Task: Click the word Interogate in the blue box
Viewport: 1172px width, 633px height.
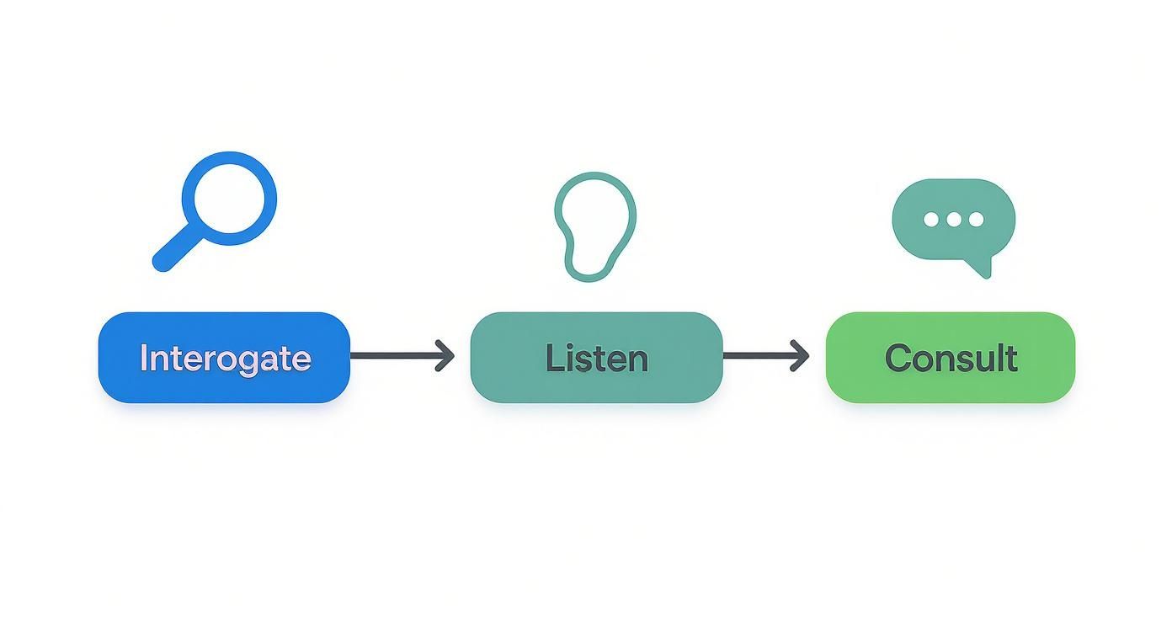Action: click(225, 359)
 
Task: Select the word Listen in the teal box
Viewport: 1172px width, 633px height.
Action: click(596, 359)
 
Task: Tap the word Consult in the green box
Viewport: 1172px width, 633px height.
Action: click(951, 359)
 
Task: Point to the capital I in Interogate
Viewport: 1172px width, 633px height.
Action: click(143, 358)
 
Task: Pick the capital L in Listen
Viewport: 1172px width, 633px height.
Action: click(552, 358)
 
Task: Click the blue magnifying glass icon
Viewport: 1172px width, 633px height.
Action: click(216, 210)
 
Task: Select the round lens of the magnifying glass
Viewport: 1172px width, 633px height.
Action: click(229, 199)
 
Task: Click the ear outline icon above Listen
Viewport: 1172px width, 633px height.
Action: click(594, 226)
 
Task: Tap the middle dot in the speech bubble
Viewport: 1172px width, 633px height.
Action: click(953, 220)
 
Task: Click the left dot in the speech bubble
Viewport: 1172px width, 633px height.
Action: click(931, 220)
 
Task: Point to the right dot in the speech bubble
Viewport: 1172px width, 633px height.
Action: click(976, 220)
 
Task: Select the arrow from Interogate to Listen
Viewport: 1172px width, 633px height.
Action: click(402, 356)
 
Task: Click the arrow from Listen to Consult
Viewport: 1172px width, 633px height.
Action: click(765, 356)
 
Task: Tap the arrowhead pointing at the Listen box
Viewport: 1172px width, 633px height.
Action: click(446, 356)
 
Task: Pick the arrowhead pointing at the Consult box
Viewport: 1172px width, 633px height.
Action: click(801, 356)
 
